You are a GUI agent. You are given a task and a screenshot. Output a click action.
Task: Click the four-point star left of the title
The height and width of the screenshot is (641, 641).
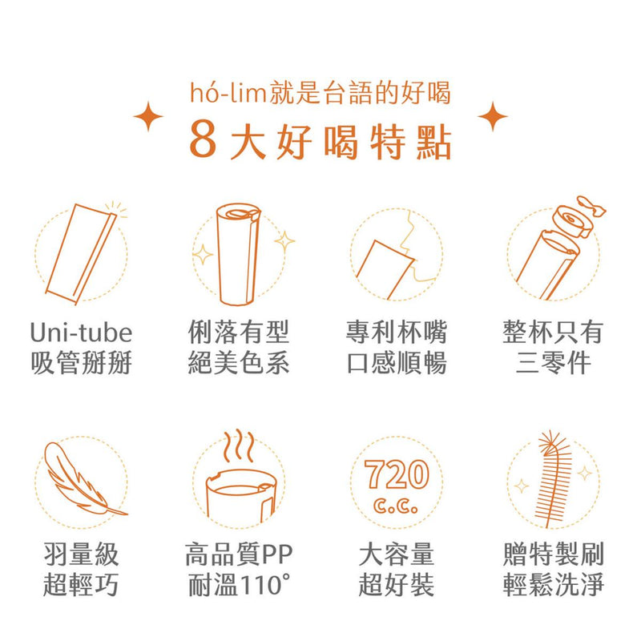coord(148,116)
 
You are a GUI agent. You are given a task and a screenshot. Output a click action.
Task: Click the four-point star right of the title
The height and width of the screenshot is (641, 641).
coord(493,116)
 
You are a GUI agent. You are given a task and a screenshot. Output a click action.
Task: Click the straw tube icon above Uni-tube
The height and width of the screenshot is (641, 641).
coord(82,254)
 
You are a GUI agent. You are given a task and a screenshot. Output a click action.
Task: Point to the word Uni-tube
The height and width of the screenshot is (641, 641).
coord(82,333)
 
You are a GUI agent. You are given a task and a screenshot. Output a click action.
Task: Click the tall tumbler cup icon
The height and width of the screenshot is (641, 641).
coord(238,254)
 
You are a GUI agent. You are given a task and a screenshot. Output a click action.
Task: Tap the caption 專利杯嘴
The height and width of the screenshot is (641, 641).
coord(396,333)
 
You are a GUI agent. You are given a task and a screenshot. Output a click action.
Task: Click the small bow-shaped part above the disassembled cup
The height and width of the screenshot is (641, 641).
coord(591,206)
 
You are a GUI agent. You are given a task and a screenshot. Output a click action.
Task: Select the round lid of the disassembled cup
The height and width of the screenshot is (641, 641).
coord(572,222)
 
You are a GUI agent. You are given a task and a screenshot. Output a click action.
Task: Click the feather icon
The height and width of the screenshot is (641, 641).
coord(82,478)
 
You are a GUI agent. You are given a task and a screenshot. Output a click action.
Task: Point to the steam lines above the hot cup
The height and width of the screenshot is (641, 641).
coord(238,445)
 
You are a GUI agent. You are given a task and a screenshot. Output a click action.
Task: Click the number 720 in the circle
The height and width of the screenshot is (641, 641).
coord(396,474)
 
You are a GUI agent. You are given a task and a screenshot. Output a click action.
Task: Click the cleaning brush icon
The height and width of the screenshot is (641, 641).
coord(554,478)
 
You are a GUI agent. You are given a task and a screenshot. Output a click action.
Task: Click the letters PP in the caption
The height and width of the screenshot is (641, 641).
coord(276,554)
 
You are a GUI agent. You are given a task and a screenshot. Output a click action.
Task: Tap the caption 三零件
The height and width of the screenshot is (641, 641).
coord(554,363)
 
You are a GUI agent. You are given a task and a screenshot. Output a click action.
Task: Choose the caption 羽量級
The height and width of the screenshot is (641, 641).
coord(82,554)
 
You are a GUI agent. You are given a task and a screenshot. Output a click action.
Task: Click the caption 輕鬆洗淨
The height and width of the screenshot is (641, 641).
coord(554,585)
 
